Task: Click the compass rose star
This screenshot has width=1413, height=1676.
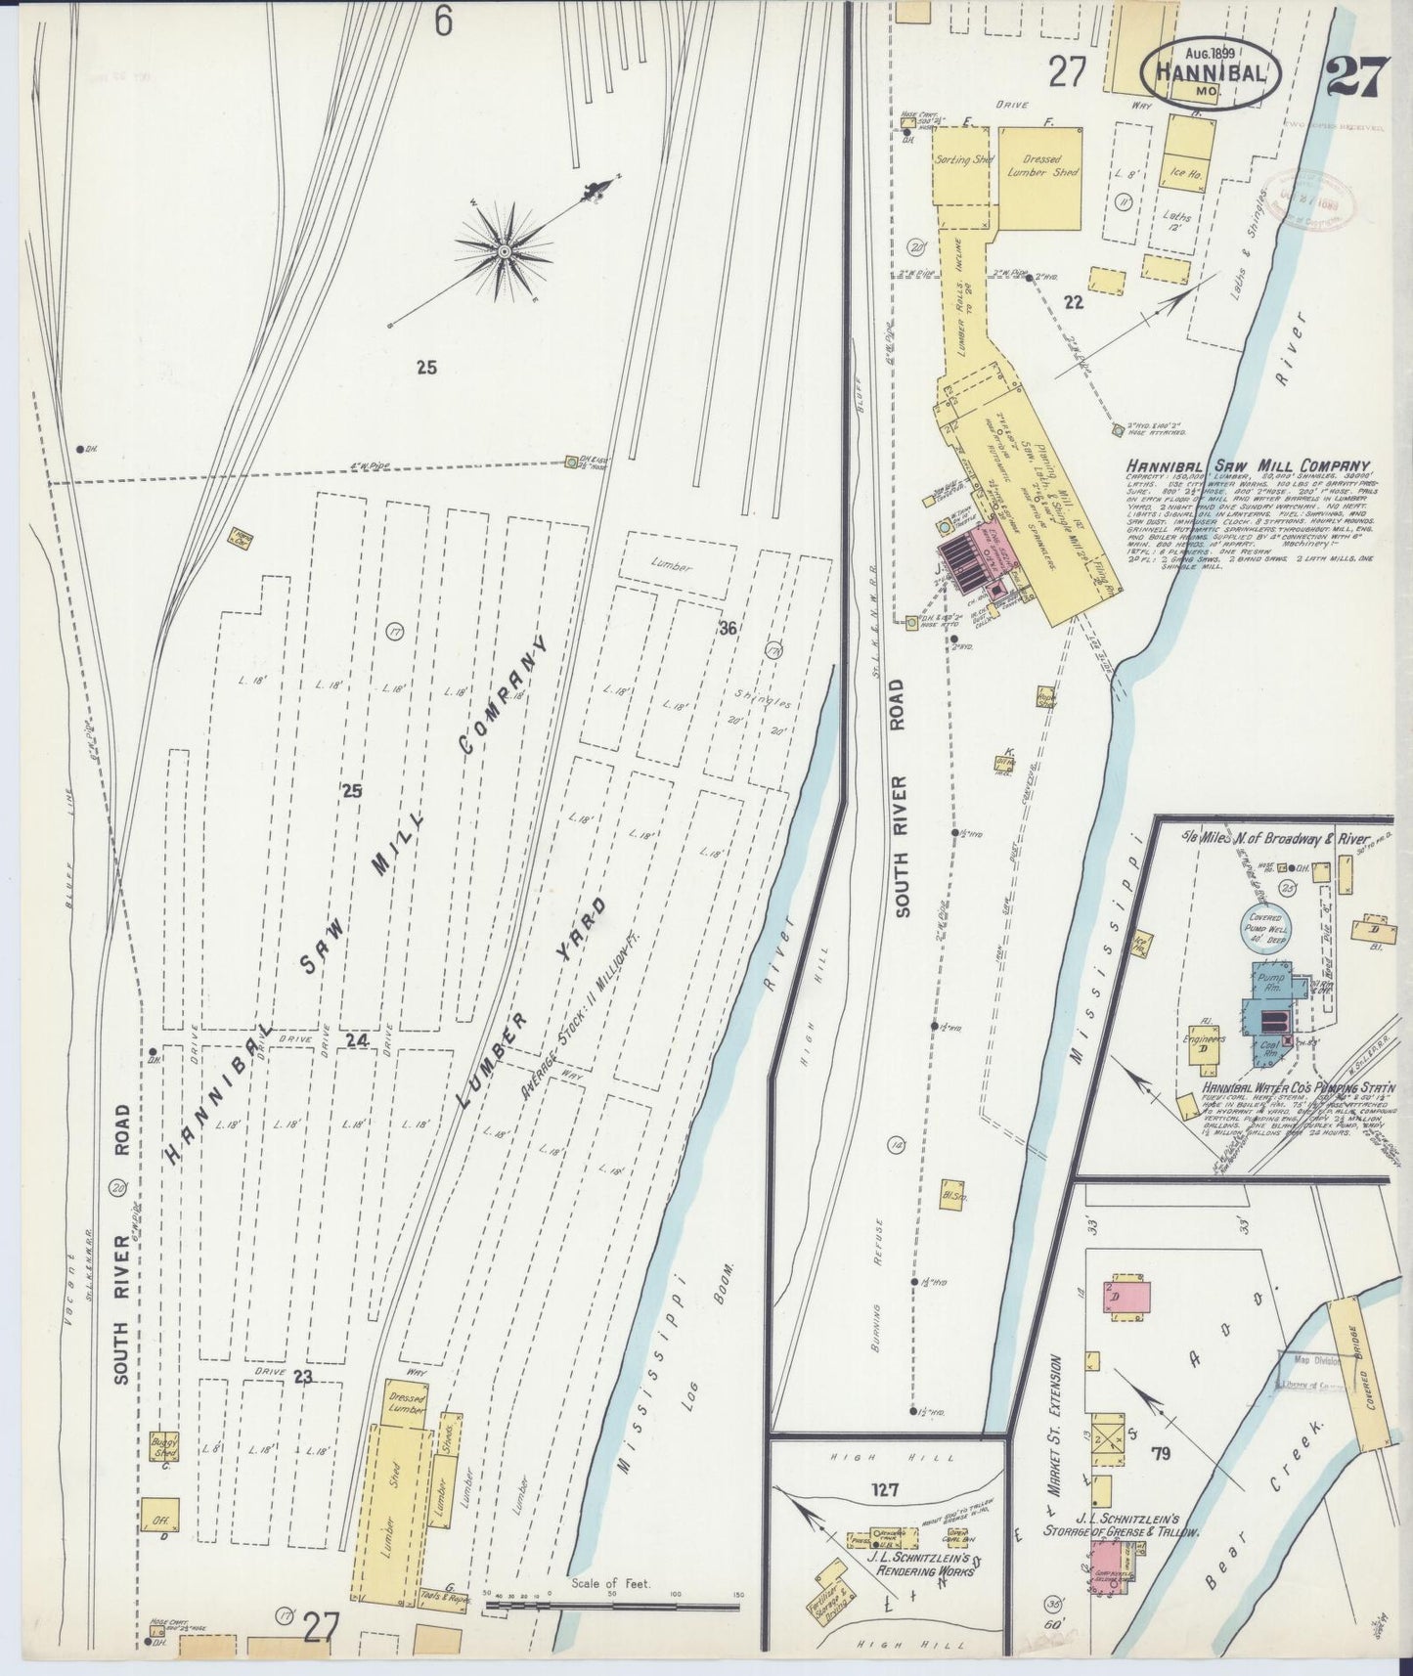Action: click(x=504, y=251)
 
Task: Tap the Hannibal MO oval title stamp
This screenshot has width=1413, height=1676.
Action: click(x=1211, y=69)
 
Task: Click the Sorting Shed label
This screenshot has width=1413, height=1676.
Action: click(x=963, y=159)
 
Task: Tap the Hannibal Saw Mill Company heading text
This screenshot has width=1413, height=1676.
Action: click(x=1247, y=467)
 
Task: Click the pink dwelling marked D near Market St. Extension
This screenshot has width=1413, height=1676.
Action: click(x=1127, y=1298)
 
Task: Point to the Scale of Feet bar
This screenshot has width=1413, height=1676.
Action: click(x=611, y=1604)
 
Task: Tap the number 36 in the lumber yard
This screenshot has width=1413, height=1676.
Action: click(x=726, y=629)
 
